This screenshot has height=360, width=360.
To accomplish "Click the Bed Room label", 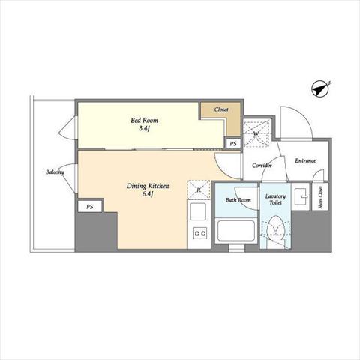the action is (x=145, y=121).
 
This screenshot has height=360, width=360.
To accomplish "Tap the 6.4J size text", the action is (x=148, y=194).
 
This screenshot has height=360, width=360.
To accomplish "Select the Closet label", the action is (x=221, y=109).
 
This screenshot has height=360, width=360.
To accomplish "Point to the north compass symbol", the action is (x=321, y=88).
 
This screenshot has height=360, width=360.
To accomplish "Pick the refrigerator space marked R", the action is (x=199, y=190).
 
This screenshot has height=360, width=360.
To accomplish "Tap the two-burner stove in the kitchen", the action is (x=200, y=233).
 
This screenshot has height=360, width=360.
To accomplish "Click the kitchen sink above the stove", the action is (x=198, y=211).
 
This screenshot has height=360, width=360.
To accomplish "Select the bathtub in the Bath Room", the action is (x=236, y=230).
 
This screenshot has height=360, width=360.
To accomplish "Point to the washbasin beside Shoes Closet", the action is (x=301, y=196).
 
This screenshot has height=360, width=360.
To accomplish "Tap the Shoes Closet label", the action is (x=320, y=197).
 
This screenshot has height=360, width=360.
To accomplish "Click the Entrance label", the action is (x=305, y=160).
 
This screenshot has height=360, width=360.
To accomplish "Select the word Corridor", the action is (x=262, y=166).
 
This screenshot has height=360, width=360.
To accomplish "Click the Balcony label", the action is (x=55, y=172).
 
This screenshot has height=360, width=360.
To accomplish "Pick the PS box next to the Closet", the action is (x=233, y=144).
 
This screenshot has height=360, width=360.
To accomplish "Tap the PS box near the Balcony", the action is (x=90, y=207).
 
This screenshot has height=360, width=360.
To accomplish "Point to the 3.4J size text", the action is (x=145, y=129).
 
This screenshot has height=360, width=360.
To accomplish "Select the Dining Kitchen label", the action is (x=148, y=186).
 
